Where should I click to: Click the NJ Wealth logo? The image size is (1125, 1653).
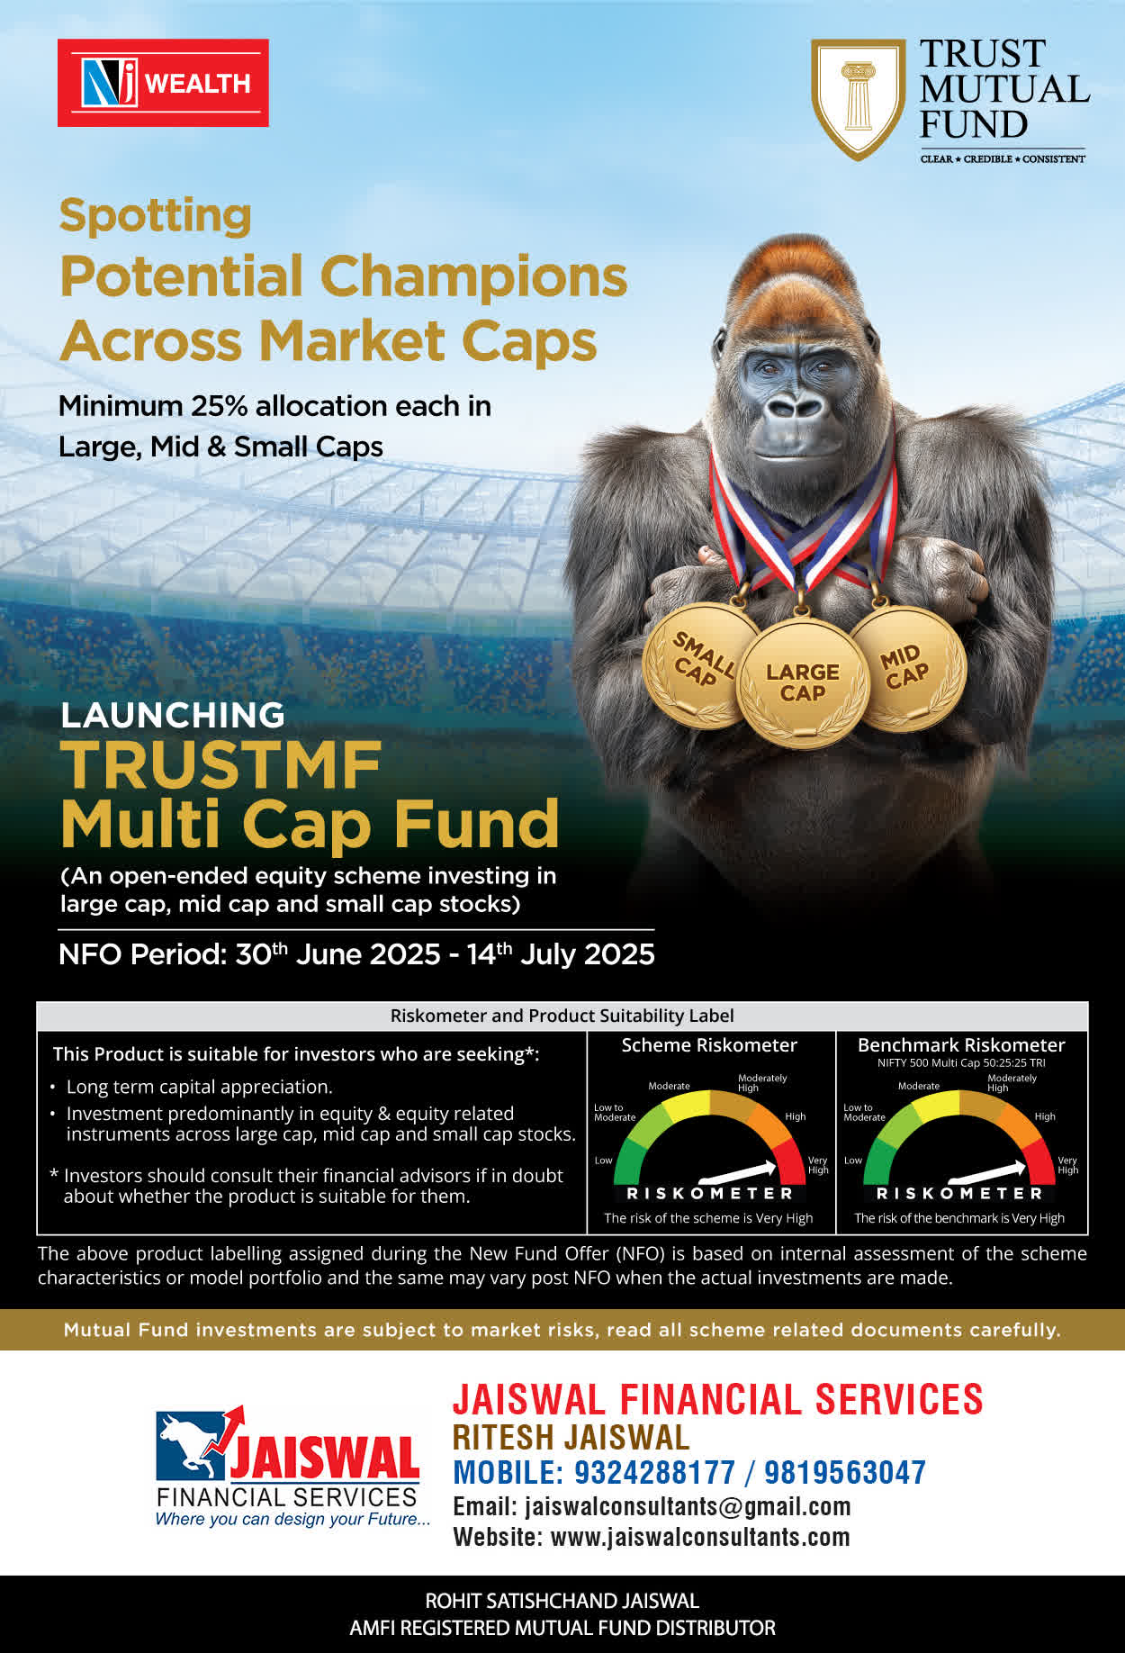163,83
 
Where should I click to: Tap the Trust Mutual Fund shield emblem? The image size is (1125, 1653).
859,98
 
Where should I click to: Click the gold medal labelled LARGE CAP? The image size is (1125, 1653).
803,683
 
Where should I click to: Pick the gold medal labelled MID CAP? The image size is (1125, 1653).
907,667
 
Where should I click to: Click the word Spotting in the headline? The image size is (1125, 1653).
155,217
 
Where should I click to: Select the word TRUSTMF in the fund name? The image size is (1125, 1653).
221,765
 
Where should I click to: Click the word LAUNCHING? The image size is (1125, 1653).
172,715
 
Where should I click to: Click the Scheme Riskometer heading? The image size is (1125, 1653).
709,1045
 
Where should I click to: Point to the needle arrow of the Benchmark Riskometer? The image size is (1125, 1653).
987,1172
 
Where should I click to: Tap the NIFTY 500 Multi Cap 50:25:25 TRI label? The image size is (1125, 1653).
961,1063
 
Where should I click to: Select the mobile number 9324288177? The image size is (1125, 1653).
654,1472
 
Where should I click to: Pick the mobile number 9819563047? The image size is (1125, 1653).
845,1472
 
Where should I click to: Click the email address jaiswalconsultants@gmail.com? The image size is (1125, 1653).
688,1506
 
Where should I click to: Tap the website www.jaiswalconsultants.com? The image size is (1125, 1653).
700,1537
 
